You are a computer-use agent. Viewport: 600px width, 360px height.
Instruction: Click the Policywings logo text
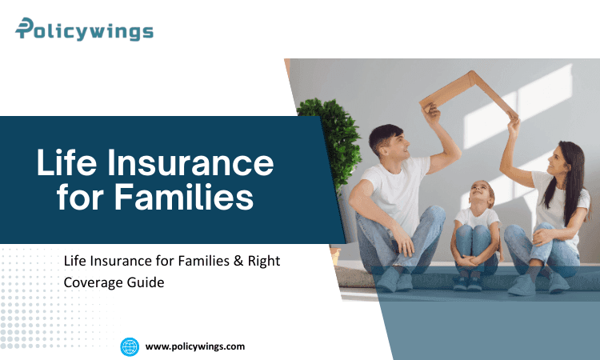tap(84, 30)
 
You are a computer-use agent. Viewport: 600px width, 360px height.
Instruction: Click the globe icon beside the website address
tap(130, 346)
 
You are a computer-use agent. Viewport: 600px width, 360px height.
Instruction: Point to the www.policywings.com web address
tap(195, 346)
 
